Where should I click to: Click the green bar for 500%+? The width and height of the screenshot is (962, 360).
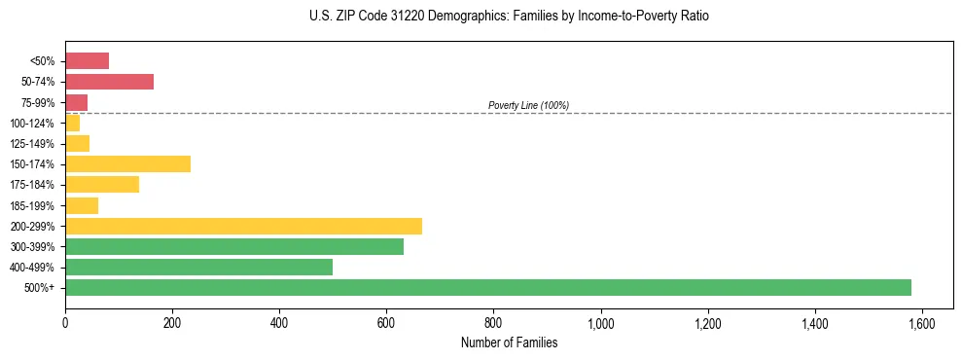[x=487, y=287]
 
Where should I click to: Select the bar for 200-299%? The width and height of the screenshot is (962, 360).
[x=243, y=226]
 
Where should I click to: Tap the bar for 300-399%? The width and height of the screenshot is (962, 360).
[x=233, y=246]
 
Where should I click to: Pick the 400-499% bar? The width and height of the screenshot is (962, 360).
[x=198, y=267]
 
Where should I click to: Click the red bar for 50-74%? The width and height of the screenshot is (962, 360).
[x=109, y=82]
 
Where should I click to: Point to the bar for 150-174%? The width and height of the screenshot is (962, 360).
[x=127, y=163]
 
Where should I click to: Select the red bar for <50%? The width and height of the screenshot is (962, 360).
[x=87, y=61]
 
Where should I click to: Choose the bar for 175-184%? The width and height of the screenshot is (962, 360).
[x=102, y=184]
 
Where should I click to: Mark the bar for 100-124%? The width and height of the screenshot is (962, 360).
[x=73, y=123]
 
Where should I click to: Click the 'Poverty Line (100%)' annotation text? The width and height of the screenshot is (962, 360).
[x=528, y=105]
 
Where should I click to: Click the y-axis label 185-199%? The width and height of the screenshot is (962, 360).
[x=36, y=205]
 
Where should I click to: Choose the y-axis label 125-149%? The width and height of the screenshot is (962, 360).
[x=36, y=143]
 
